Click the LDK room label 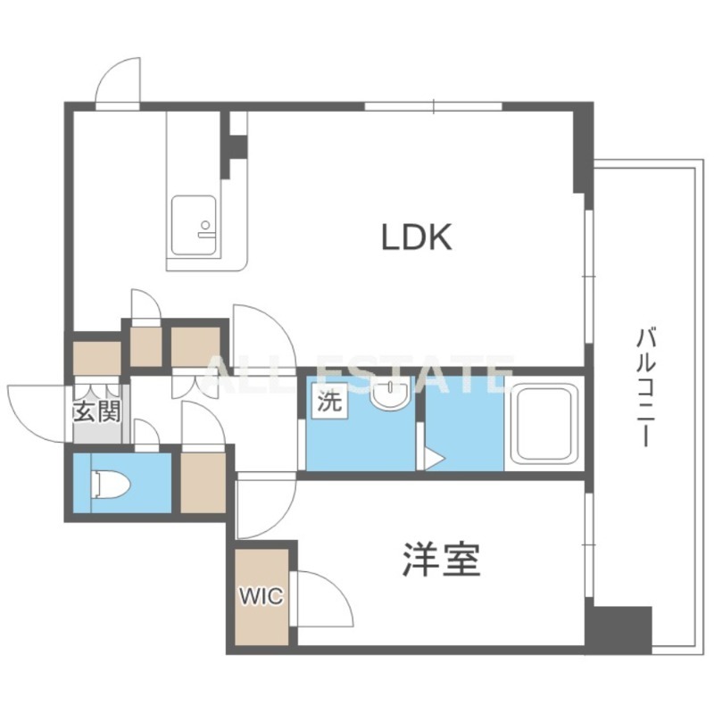click(x=416, y=237)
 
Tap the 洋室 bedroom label click(x=441, y=560)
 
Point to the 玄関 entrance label click(x=97, y=412)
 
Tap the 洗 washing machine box click(x=329, y=402)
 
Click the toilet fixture click(x=112, y=485)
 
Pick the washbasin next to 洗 click(x=390, y=394)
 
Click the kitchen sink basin click(x=194, y=226)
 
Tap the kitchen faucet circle click(x=206, y=225)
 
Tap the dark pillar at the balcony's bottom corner click(x=618, y=629)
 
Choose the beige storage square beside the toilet click(x=203, y=482)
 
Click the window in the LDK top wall click(x=433, y=106)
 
